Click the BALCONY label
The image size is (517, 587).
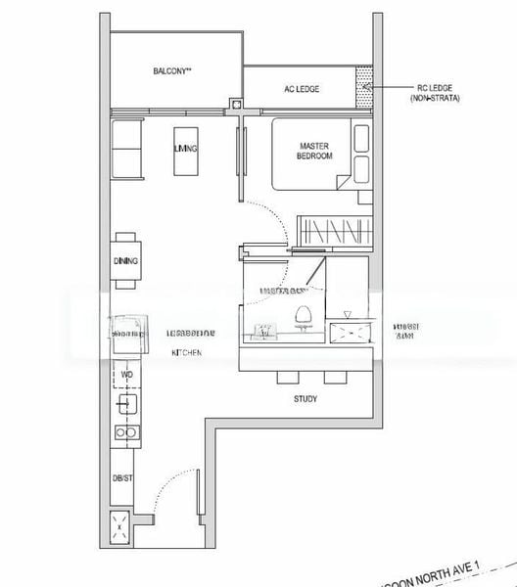point(171,71)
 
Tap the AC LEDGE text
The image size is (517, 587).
point(302,89)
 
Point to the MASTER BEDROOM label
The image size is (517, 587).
point(315,151)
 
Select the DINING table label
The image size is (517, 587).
point(125,261)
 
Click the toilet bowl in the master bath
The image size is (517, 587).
point(303,316)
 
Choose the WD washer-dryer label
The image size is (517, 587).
point(125,374)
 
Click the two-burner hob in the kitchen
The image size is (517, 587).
point(125,431)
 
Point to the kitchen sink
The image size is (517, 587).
point(125,401)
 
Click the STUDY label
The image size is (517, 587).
point(305,399)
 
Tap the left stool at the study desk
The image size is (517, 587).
point(287,378)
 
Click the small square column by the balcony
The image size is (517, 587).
point(235,102)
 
